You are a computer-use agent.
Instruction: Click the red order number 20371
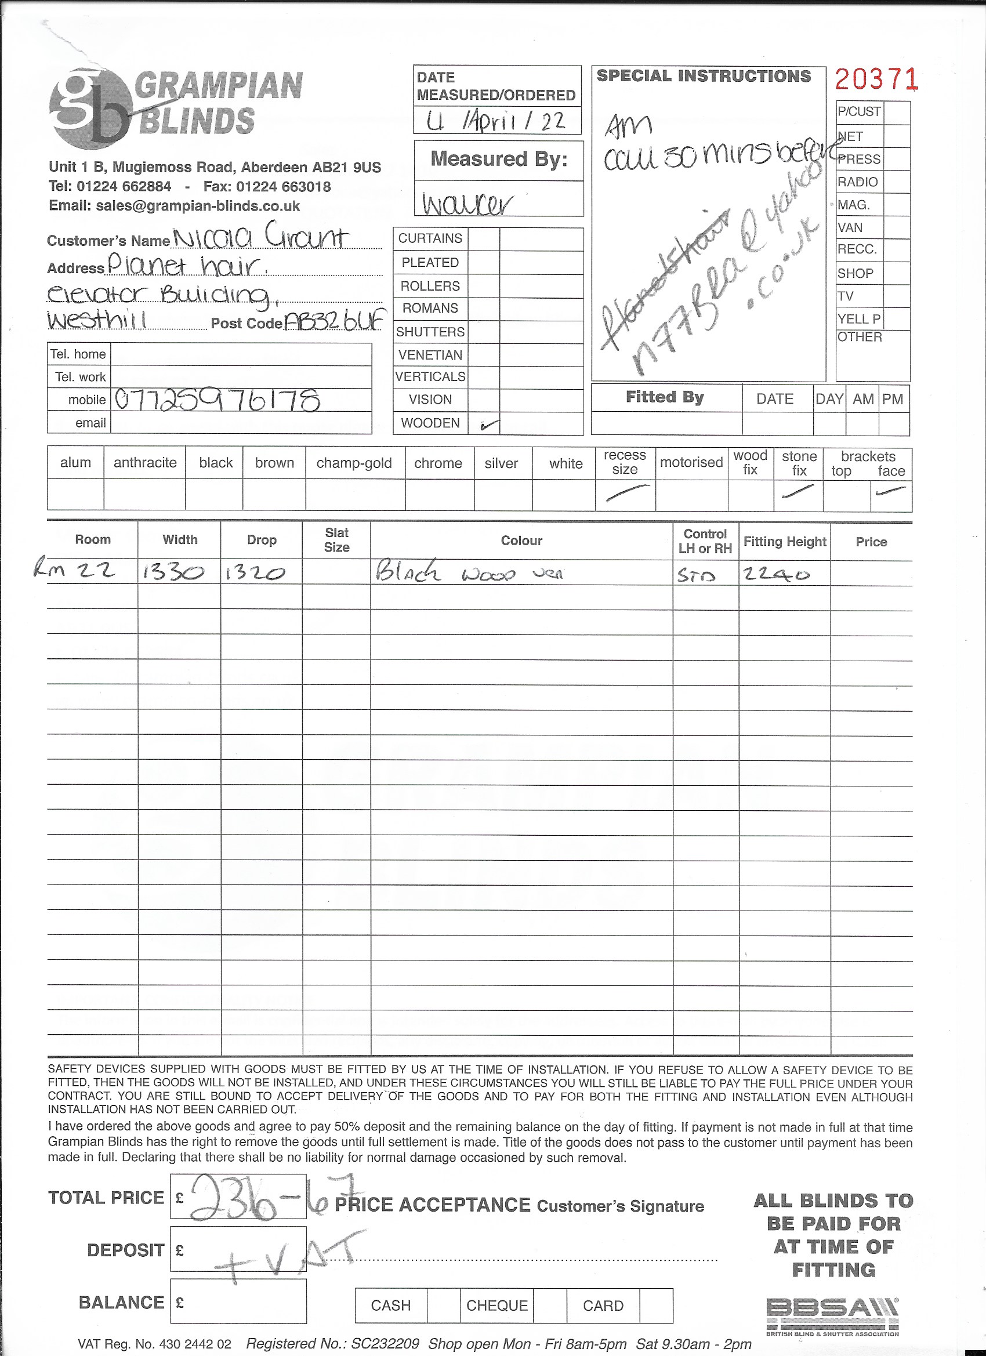875,79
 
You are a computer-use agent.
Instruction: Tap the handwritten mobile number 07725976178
217,400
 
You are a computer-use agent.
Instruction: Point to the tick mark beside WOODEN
488,425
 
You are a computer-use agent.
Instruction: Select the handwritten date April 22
496,121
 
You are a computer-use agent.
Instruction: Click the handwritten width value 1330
173,573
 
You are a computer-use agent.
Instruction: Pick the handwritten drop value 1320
255,574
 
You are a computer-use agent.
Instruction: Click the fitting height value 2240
777,574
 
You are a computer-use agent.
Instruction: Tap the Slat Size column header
336,540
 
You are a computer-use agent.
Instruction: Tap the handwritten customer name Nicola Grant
260,237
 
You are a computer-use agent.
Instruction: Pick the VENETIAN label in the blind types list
430,355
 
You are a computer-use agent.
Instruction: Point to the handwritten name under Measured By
467,203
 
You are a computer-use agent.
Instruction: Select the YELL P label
858,318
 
